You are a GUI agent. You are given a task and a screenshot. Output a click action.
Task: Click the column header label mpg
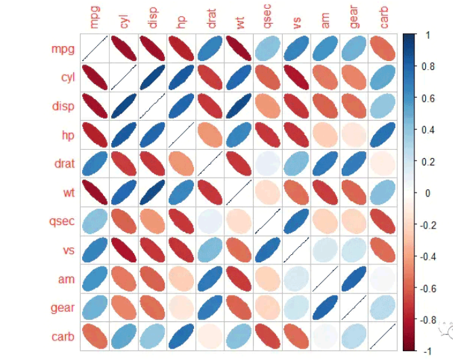click(x=94, y=18)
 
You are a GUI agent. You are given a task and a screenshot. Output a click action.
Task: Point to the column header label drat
click(x=210, y=18)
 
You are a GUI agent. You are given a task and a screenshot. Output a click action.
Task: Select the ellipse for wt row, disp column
click(x=153, y=193)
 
